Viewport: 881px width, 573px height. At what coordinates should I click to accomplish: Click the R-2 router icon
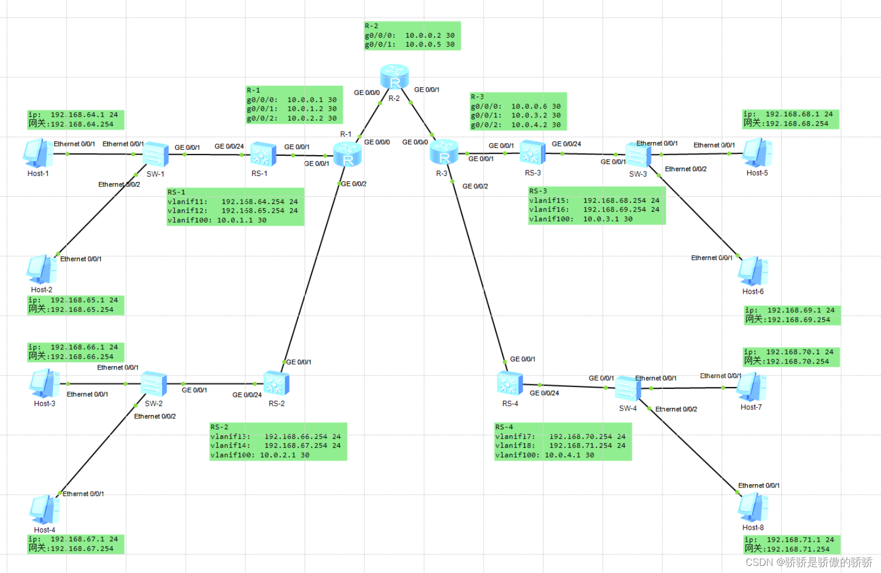pyautogui.click(x=394, y=76)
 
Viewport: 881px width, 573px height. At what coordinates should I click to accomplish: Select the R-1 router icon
pyautogui.click(x=347, y=154)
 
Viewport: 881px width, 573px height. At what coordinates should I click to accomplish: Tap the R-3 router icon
pyautogui.click(x=444, y=152)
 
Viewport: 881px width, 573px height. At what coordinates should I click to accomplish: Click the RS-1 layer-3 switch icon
pyautogui.click(x=263, y=154)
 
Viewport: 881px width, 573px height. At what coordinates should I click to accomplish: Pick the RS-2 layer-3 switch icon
pyautogui.click(x=276, y=383)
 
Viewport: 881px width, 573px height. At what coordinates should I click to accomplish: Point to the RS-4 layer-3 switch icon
pyautogui.click(x=510, y=383)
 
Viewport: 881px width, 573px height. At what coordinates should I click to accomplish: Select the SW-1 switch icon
pyautogui.click(x=155, y=154)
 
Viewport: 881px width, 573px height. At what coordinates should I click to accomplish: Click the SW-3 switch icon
pyautogui.click(x=638, y=155)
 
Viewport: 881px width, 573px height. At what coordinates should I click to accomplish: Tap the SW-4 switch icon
pyautogui.click(x=628, y=388)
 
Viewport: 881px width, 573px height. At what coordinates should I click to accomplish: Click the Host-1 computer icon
pyautogui.click(x=38, y=153)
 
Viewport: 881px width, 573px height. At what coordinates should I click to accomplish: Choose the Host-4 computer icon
pyautogui.click(x=44, y=509)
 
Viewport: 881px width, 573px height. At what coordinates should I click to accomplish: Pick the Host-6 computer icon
pyautogui.click(x=753, y=271)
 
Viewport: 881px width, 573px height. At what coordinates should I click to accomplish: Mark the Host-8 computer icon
pyautogui.click(x=753, y=507)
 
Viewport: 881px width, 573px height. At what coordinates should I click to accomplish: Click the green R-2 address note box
pyautogui.click(x=412, y=36)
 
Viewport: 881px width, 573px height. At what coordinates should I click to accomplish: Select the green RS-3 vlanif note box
pyautogui.click(x=597, y=206)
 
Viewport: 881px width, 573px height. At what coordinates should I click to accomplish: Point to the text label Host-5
pyautogui.click(x=757, y=173)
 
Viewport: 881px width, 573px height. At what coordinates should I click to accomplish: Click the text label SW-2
pyautogui.click(x=153, y=404)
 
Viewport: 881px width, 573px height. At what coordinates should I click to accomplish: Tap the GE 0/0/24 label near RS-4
pyautogui.click(x=544, y=393)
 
